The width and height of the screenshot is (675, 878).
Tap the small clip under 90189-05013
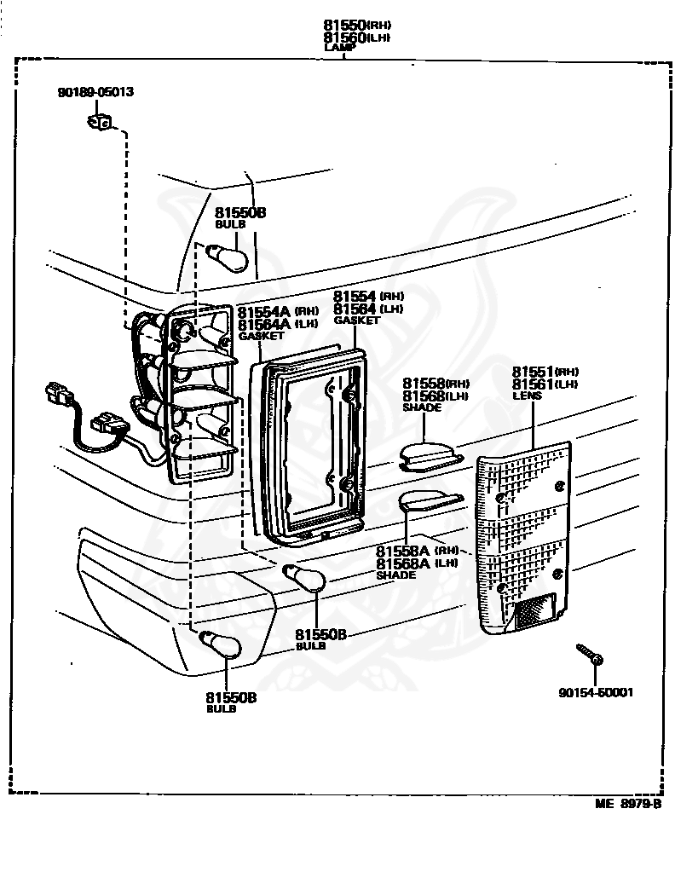[100, 123]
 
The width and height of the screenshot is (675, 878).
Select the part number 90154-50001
[596, 692]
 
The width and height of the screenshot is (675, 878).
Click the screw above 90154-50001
[588, 655]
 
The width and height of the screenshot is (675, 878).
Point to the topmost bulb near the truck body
[231, 256]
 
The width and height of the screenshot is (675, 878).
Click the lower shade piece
[430, 502]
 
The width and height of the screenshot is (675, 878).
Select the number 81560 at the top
[344, 38]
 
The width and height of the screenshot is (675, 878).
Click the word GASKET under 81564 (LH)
[356, 321]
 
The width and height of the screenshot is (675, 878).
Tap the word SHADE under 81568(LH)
[422, 407]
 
